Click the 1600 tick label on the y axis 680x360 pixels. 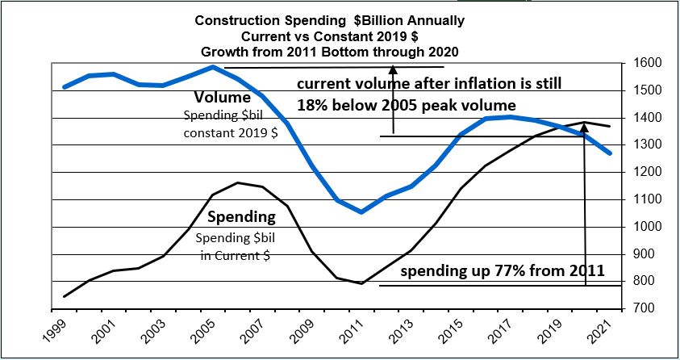point(643,63)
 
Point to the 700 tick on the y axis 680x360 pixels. point(643,308)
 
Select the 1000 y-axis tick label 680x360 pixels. point(643,227)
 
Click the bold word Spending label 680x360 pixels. point(241,217)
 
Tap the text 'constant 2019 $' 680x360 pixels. point(230,132)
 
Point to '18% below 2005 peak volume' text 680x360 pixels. point(406,105)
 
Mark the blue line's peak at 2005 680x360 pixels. point(212,67)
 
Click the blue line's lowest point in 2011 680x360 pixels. point(361,212)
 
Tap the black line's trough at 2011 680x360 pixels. point(361,283)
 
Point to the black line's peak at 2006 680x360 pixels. point(237,182)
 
